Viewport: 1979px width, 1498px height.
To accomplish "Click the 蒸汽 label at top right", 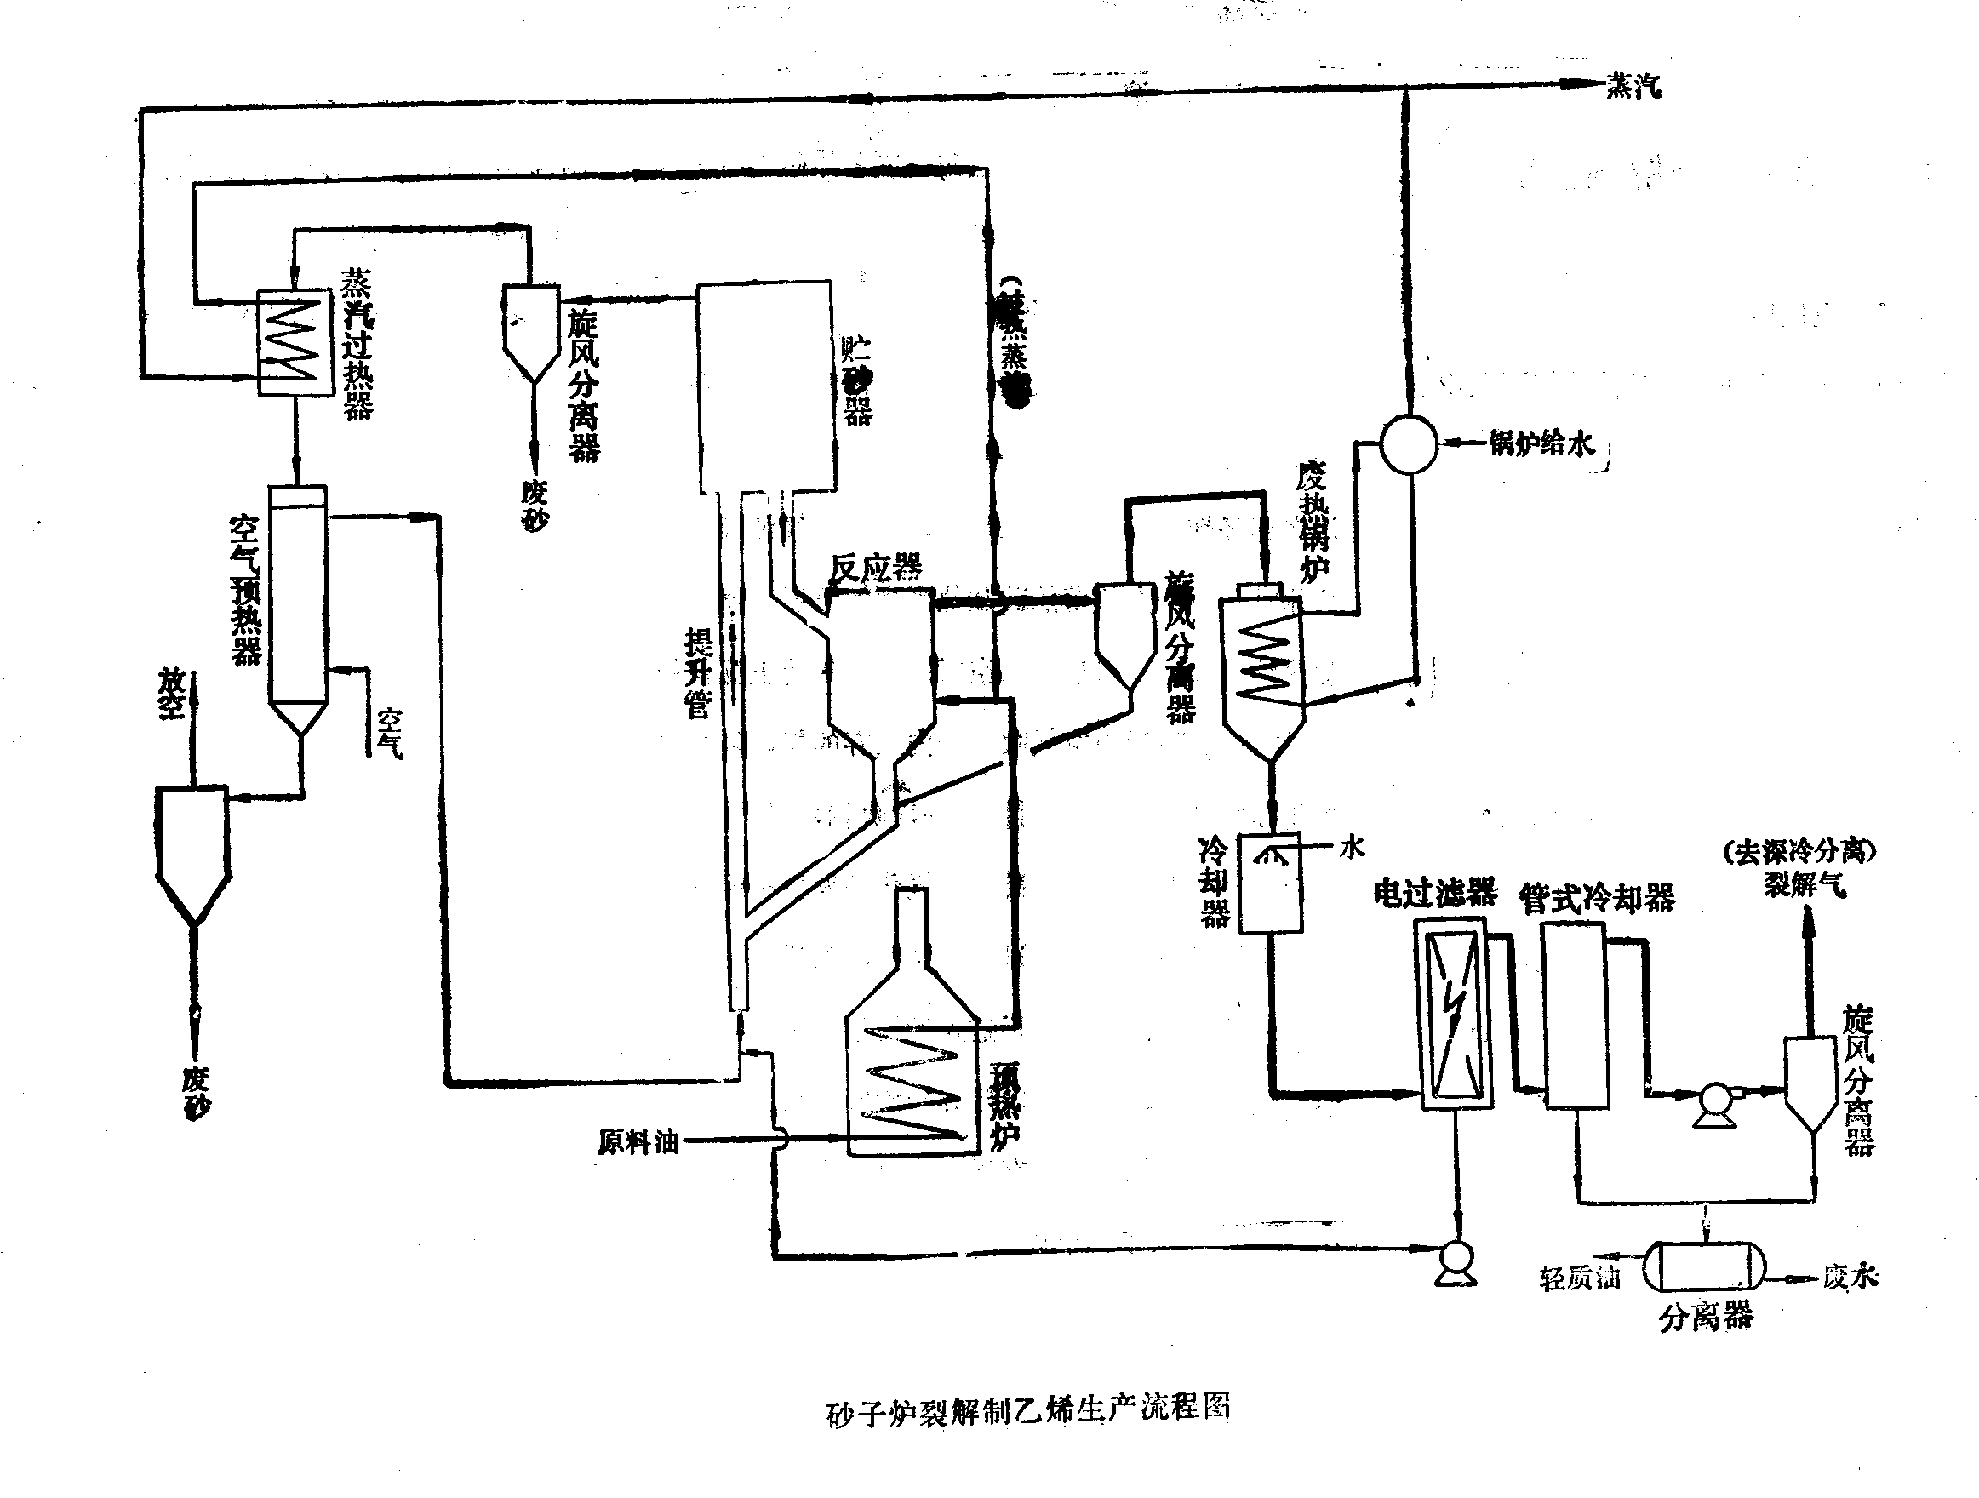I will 1633,87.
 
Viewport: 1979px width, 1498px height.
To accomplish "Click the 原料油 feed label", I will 638,1143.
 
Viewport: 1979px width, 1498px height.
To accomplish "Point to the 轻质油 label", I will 1579,1278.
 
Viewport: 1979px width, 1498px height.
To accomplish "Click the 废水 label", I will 1850,1277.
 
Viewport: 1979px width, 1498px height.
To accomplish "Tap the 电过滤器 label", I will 1434,893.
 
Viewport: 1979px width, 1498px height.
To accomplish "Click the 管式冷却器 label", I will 1597,898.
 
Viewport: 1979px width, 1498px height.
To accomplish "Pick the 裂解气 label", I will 1805,885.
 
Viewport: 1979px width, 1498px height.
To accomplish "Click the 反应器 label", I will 876,568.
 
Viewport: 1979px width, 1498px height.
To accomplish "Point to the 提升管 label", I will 698,673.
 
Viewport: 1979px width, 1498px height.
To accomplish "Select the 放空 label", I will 171,694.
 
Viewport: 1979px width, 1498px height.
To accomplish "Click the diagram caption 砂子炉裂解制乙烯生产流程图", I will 1027,1410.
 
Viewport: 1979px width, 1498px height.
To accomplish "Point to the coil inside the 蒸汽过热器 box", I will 296,341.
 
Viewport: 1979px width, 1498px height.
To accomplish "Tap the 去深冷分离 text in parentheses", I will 1799,851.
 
